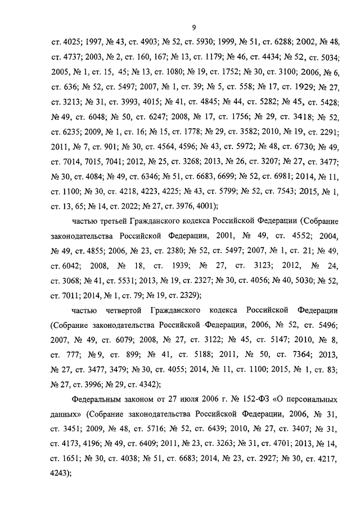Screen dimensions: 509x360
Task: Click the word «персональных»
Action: pyautogui.click(x=310, y=399)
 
